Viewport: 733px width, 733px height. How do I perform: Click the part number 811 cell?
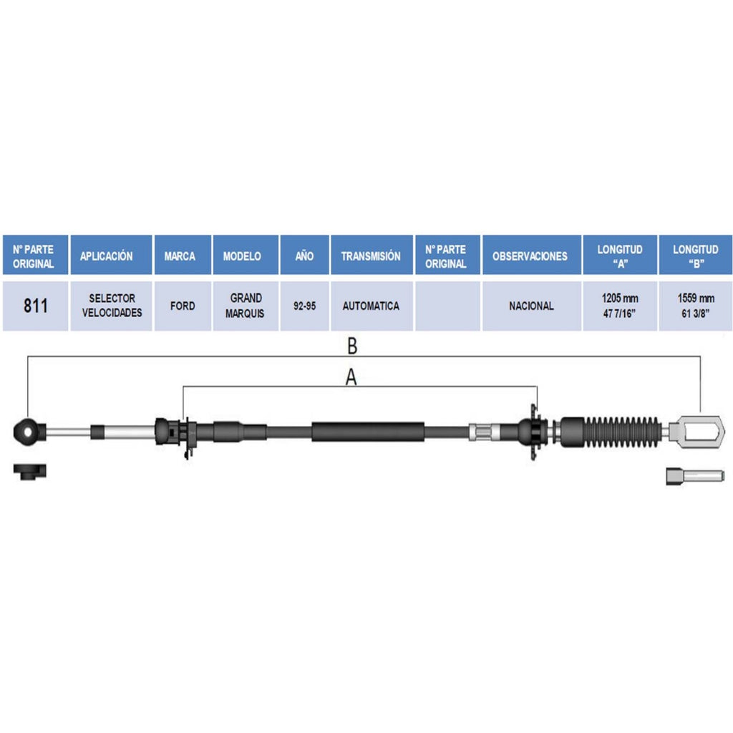pos(36,306)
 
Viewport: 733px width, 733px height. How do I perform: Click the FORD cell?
pos(183,306)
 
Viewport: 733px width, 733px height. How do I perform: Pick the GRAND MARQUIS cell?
pos(246,306)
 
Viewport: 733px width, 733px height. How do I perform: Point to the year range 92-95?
pos(304,306)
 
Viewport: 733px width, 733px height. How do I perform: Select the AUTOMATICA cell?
pos(372,306)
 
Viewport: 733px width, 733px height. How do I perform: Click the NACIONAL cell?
pos(532,306)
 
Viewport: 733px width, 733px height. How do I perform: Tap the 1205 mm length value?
pos(620,298)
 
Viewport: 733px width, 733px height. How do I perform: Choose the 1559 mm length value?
pos(696,298)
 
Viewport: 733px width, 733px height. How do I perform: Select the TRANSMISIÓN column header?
pos(372,256)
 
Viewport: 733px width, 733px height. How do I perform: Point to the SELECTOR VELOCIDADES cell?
pos(111,306)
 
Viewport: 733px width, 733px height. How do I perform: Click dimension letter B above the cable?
pos(352,346)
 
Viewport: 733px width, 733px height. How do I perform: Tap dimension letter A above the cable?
pos(351,377)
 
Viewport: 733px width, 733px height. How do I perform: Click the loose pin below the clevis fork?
pos(695,476)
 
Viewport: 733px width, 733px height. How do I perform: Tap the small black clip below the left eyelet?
pos(29,471)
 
